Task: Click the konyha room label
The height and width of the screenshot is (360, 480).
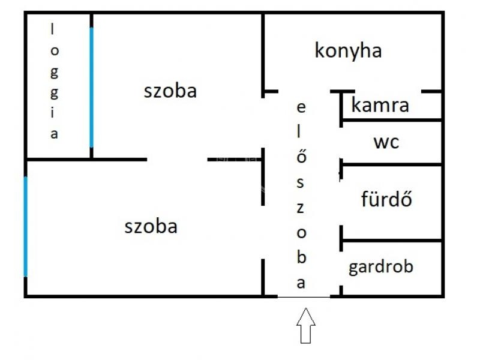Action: (x=348, y=51)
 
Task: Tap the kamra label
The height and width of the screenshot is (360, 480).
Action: (x=380, y=105)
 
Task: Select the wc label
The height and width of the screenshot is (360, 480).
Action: (x=386, y=143)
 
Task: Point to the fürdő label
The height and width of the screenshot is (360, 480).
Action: (x=386, y=199)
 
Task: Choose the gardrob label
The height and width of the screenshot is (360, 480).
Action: (x=381, y=267)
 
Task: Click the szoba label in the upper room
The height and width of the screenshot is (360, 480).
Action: (x=170, y=91)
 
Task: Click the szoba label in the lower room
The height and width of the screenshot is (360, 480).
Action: (x=151, y=227)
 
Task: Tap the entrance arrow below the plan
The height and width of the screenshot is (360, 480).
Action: (x=306, y=325)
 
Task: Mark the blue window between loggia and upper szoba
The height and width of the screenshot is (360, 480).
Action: (x=91, y=88)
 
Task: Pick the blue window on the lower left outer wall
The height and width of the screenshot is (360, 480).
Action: (x=25, y=227)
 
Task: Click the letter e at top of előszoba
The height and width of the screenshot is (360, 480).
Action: (x=301, y=107)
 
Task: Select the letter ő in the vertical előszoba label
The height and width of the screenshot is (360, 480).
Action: (x=302, y=155)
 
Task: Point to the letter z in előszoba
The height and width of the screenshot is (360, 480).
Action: (x=301, y=208)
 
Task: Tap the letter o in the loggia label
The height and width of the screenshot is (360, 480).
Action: (x=54, y=51)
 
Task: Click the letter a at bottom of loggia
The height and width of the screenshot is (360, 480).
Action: (x=54, y=134)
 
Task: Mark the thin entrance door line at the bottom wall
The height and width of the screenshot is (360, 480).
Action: (x=304, y=297)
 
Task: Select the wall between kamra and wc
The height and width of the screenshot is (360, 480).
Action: (x=391, y=119)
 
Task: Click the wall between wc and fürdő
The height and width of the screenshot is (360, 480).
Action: (x=391, y=164)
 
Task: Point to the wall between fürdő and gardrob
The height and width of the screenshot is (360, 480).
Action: (x=391, y=241)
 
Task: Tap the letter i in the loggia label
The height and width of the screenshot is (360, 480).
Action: (x=53, y=113)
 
